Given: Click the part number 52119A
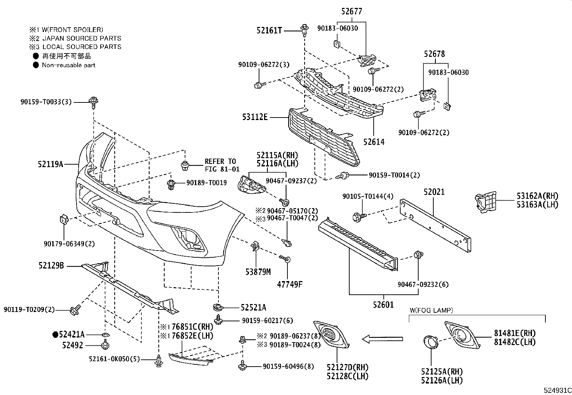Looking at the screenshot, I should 51,164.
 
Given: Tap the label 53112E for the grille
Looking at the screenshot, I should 255,117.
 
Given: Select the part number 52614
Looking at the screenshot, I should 373,142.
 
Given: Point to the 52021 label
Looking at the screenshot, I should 434,192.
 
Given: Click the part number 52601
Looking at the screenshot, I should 383,305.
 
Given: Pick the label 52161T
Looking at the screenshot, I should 269,31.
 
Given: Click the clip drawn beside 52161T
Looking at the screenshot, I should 305,30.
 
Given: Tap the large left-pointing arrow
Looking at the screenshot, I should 382,338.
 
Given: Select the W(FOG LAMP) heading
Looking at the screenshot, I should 431,310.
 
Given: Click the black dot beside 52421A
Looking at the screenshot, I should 55,335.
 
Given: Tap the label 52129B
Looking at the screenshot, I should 51,266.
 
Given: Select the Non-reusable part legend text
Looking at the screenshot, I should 69,65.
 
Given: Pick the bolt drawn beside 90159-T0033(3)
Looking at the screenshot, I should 93,102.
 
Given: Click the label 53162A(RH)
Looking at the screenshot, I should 538,196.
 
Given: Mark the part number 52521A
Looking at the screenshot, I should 253,307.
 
